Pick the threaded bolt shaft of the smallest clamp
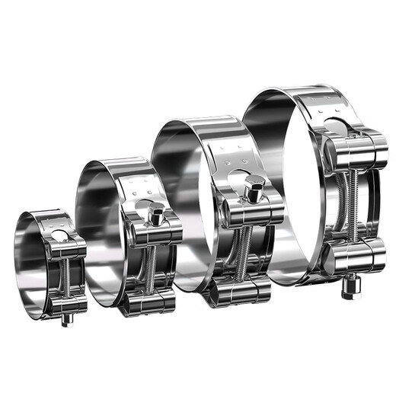(66, 274)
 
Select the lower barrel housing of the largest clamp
(350, 255)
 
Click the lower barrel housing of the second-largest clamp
(242, 288)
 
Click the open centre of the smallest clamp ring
(34, 263)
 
